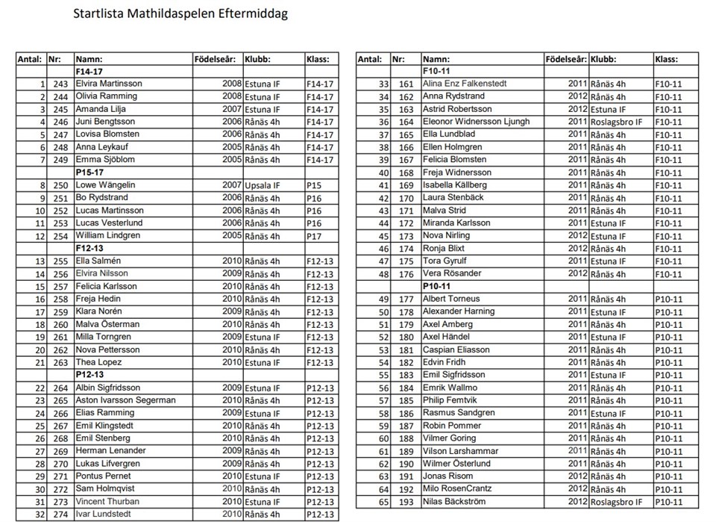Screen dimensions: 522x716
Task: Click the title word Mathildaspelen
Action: [166, 14]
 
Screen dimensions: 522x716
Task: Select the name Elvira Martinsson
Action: [109, 84]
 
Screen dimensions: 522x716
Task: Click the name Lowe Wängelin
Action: [107, 184]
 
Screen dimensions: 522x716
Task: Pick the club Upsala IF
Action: [262, 185]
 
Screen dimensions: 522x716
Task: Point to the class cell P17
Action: [313, 236]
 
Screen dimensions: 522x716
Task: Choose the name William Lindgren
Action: [108, 235]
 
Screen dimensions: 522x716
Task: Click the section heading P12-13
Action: [89, 375]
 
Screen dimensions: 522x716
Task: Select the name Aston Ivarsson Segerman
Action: [126, 400]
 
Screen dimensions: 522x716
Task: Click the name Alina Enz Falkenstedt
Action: [465, 84]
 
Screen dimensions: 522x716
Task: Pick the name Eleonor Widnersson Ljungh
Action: [477, 122]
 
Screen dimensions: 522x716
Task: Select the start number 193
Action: [406, 502]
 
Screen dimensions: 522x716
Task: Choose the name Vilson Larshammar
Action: [460, 451]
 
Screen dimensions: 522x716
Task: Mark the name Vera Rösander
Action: [453, 273]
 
